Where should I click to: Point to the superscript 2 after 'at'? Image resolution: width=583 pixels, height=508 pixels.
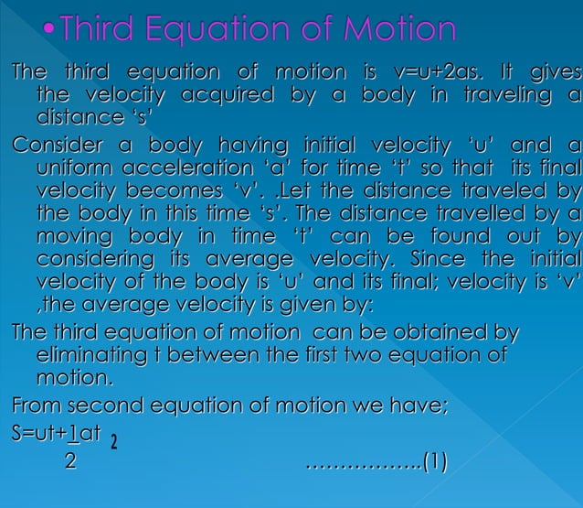click(113, 443)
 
